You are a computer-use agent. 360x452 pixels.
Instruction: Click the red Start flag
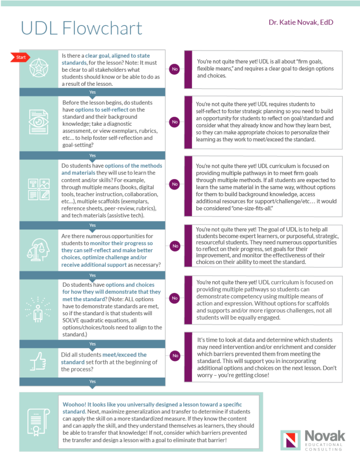(x=20, y=57)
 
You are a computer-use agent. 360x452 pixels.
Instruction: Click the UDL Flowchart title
(x=81, y=28)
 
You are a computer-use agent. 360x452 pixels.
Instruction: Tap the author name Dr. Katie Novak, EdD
(x=301, y=22)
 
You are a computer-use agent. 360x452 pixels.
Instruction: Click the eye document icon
(x=39, y=122)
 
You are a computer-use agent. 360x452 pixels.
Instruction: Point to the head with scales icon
(x=38, y=250)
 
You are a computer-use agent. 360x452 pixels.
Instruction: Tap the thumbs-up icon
(x=38, y=362)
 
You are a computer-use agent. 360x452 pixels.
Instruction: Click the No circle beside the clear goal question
(x=175, y=69)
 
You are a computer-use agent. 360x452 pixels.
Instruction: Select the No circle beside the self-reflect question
(x=175, y=122)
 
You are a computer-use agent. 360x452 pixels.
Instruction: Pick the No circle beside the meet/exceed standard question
(x=175, y=356)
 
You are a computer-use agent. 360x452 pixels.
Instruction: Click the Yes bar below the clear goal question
(x=92, y=92)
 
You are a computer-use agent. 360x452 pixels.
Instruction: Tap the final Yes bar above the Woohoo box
(x=92, y=382)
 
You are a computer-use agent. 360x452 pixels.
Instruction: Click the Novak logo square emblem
(x=291, y=440)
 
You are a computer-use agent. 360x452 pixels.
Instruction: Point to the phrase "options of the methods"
(x=133, y=166)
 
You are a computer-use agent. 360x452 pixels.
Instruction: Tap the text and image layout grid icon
(x=39, y=189)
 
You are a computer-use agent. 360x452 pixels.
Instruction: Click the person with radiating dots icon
(x=38, y=310)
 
